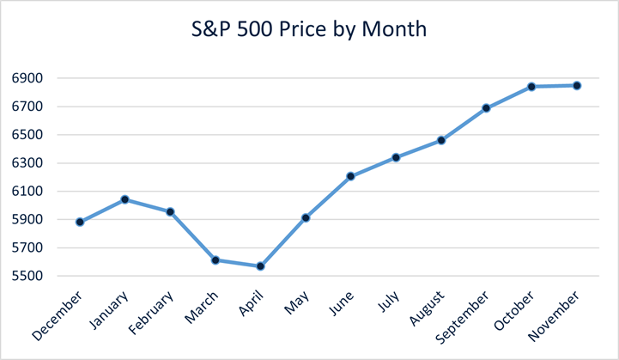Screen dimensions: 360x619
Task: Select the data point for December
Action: tap(80, 222)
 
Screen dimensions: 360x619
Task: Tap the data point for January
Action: tap(125, 199)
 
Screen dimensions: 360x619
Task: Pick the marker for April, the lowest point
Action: tap(260, 266)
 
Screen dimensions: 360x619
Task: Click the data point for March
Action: tap(215, 259)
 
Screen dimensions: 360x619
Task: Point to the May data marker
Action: tap(306, 218)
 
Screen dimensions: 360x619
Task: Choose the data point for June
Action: tap(350, 176)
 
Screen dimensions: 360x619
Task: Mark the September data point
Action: tap(486, 108)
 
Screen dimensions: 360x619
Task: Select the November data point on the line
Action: tap(577, 85)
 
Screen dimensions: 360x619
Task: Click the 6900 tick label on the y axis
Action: tap(27, 78)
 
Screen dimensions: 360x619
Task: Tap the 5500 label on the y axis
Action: tap(27, 277)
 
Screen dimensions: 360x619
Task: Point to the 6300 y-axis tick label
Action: tap(27, 163)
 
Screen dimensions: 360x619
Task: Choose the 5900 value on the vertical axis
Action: tap(27, 220)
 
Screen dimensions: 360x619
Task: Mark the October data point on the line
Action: tap(531, 87)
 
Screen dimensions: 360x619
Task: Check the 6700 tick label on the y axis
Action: tap(27, 107)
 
